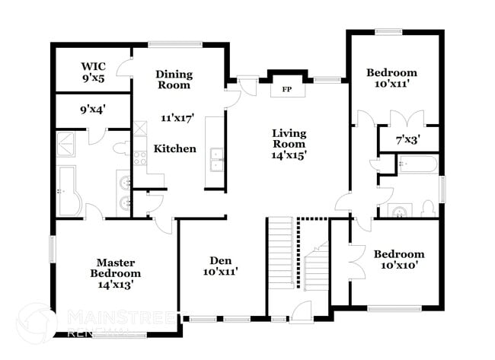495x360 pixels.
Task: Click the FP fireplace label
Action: [287, 89]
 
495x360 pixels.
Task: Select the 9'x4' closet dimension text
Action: [93, 108]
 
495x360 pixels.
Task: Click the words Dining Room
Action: [174, 80]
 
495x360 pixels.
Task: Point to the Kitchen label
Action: [175, 148]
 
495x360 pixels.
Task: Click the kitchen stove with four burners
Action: [140, 158]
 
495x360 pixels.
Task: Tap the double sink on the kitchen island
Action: [216, 161]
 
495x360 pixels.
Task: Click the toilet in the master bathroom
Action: [120, 146]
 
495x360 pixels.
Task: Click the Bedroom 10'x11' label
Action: [391, 79]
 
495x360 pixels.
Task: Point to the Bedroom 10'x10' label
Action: [399, 260]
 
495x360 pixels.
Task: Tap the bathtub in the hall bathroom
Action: [417, 164]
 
